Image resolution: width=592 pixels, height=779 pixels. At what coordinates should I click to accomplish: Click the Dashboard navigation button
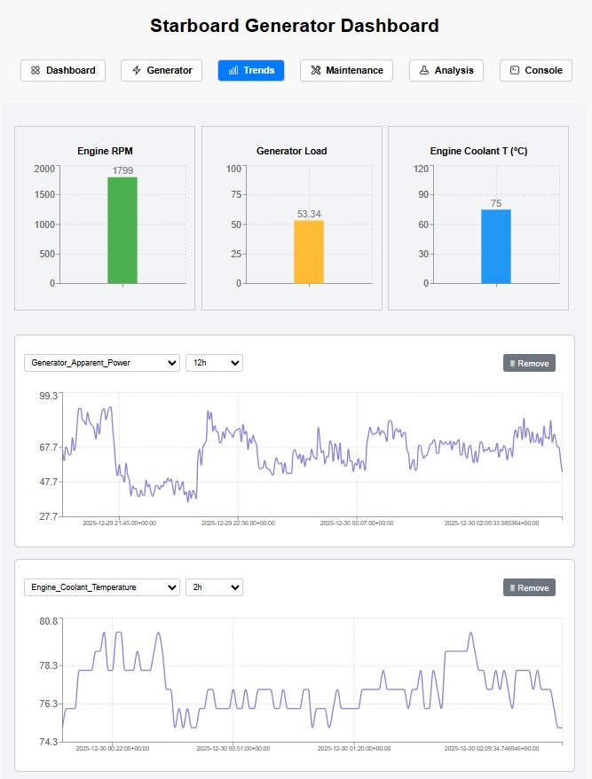(x=63, y=70)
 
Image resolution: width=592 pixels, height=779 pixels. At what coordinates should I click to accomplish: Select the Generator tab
(x=162, y=70)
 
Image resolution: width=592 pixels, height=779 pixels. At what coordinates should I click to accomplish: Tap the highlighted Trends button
(x=251, y=70)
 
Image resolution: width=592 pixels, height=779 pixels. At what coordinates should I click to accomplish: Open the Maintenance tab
(x=347, y=70)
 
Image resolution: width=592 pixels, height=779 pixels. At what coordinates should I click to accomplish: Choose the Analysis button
(x=446, y=70)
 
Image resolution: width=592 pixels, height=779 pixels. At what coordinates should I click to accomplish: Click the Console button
(x=535, y=70)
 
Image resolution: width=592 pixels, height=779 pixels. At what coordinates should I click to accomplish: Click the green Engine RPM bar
(x=122, y=231)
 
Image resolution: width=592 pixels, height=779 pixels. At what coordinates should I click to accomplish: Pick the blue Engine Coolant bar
(x=496, y=247)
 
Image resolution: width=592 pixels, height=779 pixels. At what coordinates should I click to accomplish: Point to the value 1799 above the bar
(x=122, y=170)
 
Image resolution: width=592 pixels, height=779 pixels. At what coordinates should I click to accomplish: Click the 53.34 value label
(x=309, y=214)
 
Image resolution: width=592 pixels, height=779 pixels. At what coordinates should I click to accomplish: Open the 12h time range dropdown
(x=214, y=363)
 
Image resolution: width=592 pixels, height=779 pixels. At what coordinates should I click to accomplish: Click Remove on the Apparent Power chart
(x=529, y=363)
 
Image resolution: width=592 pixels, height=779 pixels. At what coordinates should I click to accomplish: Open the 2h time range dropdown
(x=214, y=587)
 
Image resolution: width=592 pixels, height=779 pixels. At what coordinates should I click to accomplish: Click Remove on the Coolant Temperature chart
(x=529, y=587)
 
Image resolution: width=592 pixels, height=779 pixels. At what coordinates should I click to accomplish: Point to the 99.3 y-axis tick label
(x=48, y=396)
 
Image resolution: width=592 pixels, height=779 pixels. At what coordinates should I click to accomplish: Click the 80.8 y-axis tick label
(x=48, y=621)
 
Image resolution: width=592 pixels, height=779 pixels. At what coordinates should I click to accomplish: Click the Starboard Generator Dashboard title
(x=295, y=26)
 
